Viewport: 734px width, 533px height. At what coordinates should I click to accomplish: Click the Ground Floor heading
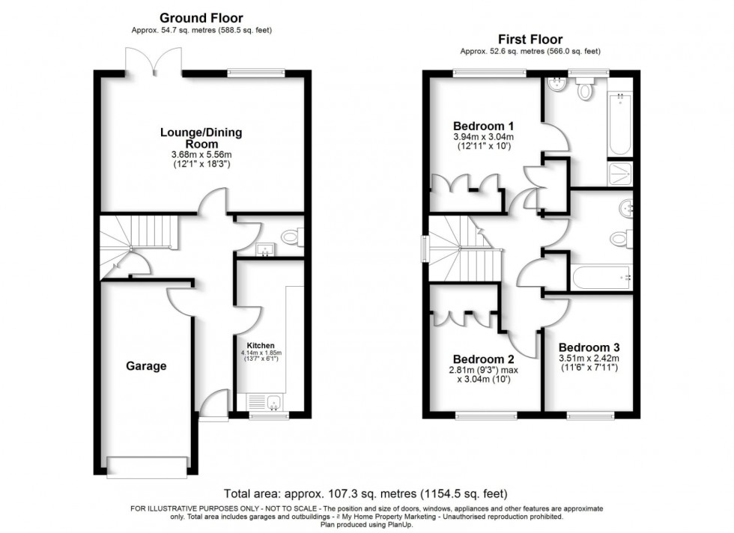201,18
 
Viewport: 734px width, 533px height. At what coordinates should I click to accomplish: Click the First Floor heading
530,39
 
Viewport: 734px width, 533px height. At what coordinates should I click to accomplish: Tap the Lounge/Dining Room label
201,138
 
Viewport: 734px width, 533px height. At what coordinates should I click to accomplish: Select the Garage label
146,366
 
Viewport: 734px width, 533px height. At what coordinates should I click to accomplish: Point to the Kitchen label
251,345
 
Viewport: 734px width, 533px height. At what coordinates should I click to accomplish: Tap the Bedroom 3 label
589,347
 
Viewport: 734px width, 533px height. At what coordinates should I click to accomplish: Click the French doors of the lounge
154,64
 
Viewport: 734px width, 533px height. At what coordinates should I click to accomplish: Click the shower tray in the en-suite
620,174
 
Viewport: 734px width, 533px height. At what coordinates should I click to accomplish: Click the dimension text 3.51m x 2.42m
588,359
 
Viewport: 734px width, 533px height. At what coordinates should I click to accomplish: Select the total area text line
366,494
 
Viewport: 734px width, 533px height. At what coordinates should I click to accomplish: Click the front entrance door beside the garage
216,409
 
